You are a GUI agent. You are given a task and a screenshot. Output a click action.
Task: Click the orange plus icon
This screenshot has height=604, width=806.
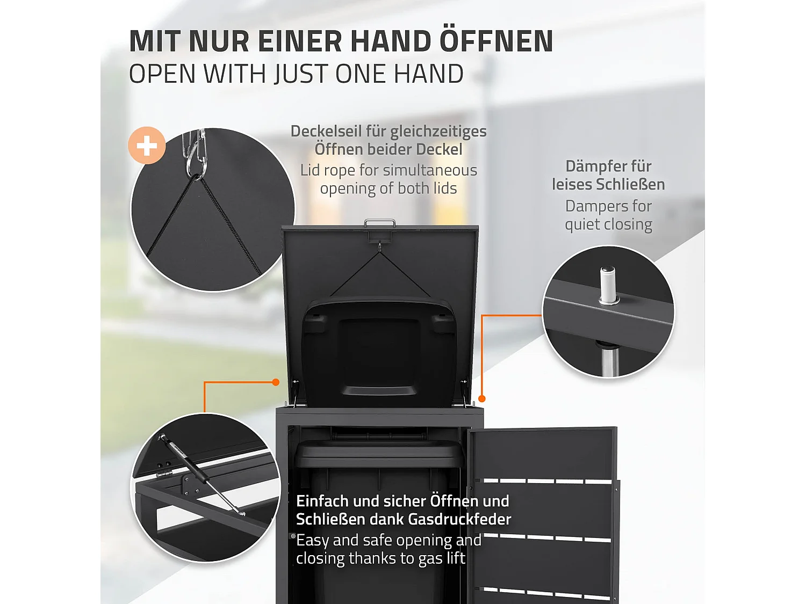(147, 145)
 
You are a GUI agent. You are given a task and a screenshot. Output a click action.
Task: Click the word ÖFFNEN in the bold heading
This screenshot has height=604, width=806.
(496, 41)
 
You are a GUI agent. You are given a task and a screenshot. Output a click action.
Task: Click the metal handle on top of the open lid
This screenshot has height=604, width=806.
(380, 222)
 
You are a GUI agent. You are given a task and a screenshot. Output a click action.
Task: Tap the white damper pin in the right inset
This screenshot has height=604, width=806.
(608, 285)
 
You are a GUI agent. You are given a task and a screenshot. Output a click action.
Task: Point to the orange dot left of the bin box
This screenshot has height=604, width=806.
(276, 382)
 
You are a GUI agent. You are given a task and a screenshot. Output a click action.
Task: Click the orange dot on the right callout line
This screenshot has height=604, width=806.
(482, 398)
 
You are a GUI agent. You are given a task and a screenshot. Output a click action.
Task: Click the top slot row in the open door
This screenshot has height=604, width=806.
(543, 481)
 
